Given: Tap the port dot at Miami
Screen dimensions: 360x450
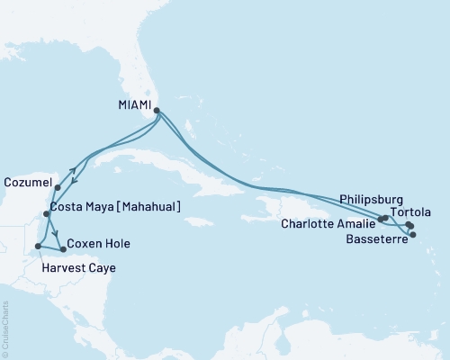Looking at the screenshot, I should tap(157, 112).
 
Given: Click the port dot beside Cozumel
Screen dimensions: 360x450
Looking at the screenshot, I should tap(58, 188).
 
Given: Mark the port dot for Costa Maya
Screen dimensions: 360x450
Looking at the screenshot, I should tap(47, 214).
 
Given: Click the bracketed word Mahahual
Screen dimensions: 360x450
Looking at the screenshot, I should tap(148, 207).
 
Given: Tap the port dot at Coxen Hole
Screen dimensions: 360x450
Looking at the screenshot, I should tap(61, 248).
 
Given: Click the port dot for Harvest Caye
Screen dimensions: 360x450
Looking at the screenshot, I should tap(37, 246).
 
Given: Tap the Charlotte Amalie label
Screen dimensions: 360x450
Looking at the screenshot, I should tap(328, 223).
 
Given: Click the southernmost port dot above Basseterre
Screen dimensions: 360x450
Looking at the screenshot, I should tap(413, 236).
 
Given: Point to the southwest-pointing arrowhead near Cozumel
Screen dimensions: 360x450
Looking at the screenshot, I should tap(73, 179).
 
